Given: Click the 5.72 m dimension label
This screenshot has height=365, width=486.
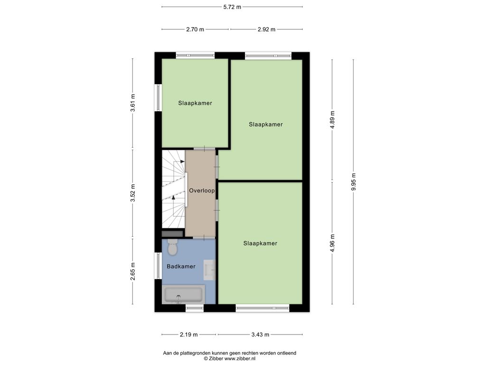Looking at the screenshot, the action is [x=232, y=7].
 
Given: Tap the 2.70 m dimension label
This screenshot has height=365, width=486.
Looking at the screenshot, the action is [x=195, y=29].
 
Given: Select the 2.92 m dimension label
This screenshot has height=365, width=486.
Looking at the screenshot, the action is [x=267, y=29].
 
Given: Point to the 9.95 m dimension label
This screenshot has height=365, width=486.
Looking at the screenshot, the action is [x=353, y=182].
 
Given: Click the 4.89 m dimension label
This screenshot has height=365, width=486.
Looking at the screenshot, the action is [x=332, y=120].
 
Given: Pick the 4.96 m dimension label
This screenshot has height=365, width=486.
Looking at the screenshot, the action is [x=332, y=243].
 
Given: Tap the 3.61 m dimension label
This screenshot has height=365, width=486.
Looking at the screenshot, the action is [x=133, y=103].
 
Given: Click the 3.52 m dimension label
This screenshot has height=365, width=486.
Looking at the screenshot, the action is [x=133, y=193].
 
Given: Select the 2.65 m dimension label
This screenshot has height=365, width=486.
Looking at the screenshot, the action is [x=133, y=271].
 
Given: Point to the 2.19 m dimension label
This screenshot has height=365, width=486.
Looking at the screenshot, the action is [x=189, y=335].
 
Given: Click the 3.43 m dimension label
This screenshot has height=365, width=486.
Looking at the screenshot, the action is [x=261, y=335].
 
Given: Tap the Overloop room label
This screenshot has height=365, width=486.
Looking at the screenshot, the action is [x=202, y=191].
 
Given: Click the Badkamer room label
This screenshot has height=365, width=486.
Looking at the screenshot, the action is [x=181, y=266].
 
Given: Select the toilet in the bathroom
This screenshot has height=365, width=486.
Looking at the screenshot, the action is [x=172, y=247].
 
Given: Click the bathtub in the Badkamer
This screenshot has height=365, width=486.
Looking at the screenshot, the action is [x=183, y=294].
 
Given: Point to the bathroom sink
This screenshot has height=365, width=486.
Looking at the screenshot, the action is [x=209, y=270].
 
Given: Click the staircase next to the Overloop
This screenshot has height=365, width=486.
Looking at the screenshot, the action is [x=174, y=189].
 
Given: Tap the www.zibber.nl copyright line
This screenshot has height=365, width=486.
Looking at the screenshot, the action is [x=230, y=358].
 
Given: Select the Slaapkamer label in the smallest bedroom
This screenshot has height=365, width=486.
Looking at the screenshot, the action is [x=195, y=103].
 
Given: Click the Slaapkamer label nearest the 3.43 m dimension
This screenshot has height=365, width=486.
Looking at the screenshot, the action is [x=260, y=243].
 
